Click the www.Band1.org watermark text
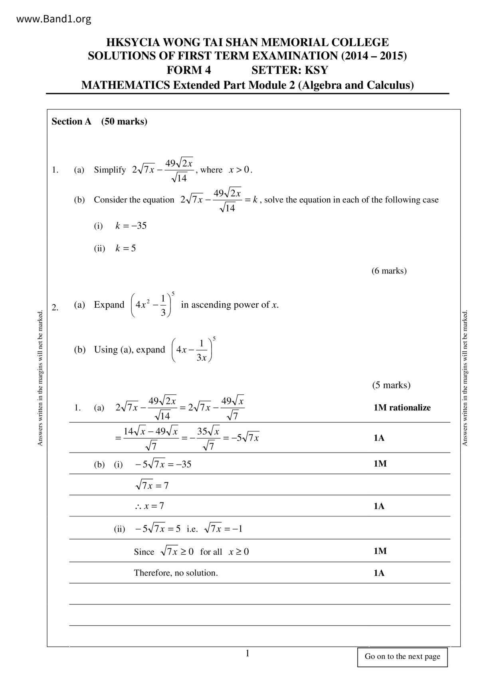[x=54, y=19]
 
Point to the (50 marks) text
[x=124, y=122]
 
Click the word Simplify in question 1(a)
[x=110, y=170]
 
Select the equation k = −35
[x=131, y=226]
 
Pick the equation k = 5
[x=126, y=248]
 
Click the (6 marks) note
[x=389, y=271]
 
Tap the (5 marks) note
[x=391, y=385]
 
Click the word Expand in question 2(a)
[x=109, y=305]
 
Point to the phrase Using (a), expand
[x=129, y=350]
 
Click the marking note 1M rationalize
[x=402, y=408]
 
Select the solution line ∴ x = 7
[x=149, y=506]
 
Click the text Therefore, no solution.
[x=176, y=573]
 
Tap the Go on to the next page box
[x=402, y=656]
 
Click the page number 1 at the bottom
[x=247, y=653]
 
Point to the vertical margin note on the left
[x=40, y=378]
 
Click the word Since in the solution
[x=144, y=552]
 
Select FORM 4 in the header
[x=188, y=70]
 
